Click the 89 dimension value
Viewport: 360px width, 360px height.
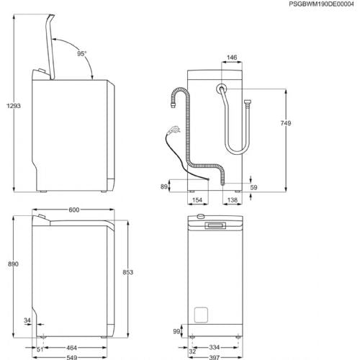163,186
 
